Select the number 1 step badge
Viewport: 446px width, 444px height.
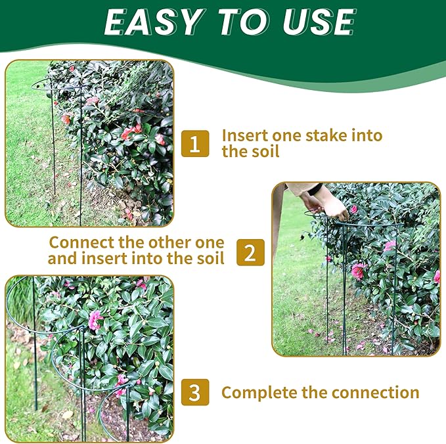pyautogui.click(x=195, y=143)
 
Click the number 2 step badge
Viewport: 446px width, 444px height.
pyautogui.click(x=250, y=252)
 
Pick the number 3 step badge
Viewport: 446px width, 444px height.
pyautogui.click(x=195, y=393)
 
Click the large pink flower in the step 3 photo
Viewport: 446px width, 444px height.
pyautogui.click(x=96, y=320)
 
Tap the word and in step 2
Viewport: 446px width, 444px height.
pyautogui.click(x=64, y=258)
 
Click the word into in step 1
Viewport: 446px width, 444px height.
pyautogui.click(x=367, y=136)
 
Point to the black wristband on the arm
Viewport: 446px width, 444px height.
pyautogui.click(x=316, y=189)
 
